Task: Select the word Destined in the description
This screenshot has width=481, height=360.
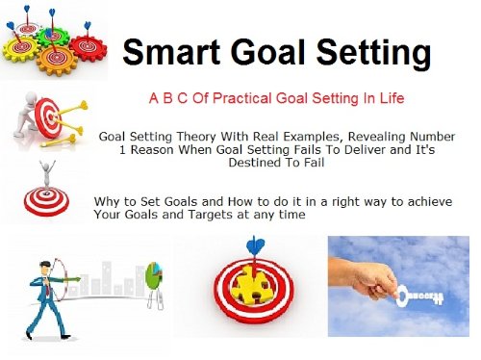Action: (260, 164)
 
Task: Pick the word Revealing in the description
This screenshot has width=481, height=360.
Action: (376, 137)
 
